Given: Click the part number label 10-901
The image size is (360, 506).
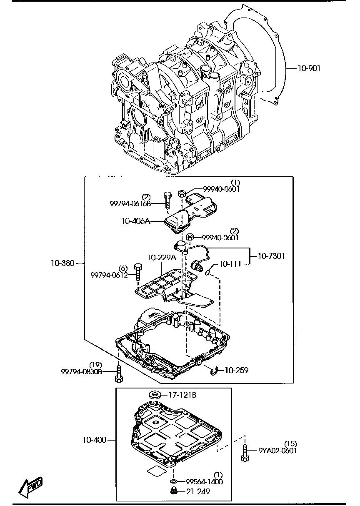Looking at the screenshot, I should click(x=309, y=68).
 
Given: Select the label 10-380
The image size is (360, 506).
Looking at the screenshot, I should click(x=63, y=263).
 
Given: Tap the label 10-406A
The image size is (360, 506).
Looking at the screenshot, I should click(x=135, y=221).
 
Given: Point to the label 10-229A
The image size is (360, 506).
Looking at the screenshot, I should click(x=162, y=258).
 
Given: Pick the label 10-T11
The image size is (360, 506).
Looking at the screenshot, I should click(x=230, y=264).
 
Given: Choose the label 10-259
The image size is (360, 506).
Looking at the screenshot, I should click(x=237, y=370).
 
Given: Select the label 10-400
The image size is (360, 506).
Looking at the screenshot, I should click(x=94, y=440).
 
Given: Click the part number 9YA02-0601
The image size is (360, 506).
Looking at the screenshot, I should click(x=277, y=450).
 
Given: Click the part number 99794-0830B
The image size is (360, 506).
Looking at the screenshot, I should click(x=82, y=371).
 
